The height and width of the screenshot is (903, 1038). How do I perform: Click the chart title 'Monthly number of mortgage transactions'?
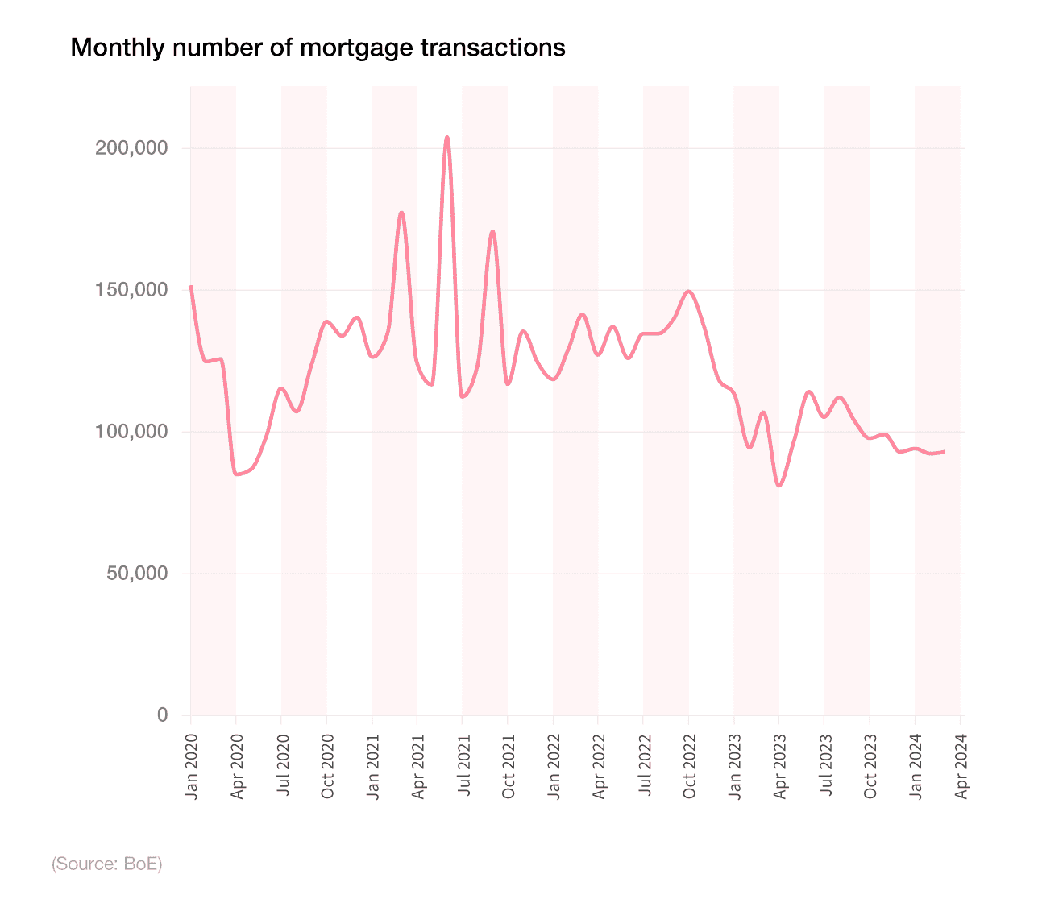(x=318, y=48)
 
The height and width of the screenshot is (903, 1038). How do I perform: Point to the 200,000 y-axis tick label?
(x=131, y=148)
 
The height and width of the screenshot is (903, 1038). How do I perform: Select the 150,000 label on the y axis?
(x=131, y=290)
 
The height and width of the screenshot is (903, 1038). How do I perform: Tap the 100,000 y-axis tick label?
(x=131, y=432)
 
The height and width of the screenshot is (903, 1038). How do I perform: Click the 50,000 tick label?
(x=137, y=574)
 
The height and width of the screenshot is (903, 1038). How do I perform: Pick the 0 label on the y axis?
(x=163, y=715)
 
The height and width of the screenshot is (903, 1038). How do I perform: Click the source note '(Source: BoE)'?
(x=107, y=864)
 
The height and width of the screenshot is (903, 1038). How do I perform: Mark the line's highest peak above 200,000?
(x=447, y=138)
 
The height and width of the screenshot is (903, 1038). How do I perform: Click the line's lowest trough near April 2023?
(x=778, y=486)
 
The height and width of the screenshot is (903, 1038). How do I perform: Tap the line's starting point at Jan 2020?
(x=191, y=287)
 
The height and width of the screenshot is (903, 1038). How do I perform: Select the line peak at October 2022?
(x=688, y=292)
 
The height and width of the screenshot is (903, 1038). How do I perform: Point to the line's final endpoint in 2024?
(x=944, y=452)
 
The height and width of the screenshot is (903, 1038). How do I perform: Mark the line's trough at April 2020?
(x=237, y=474)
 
